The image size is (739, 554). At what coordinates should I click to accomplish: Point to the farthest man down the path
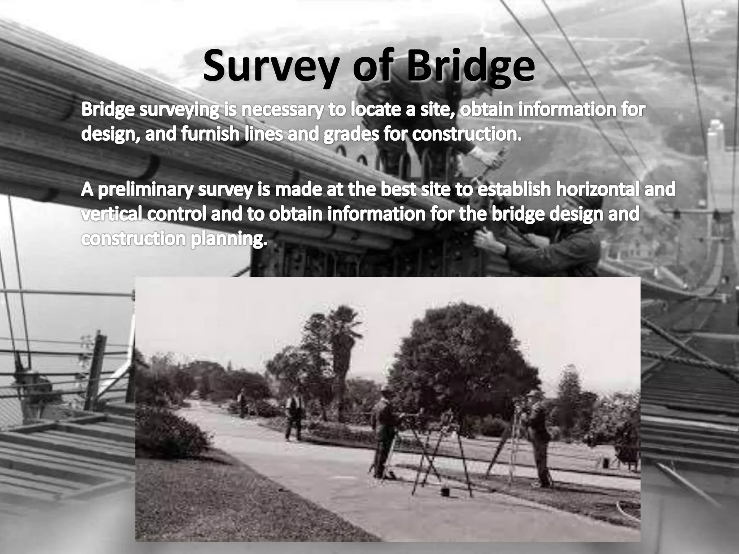242,402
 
